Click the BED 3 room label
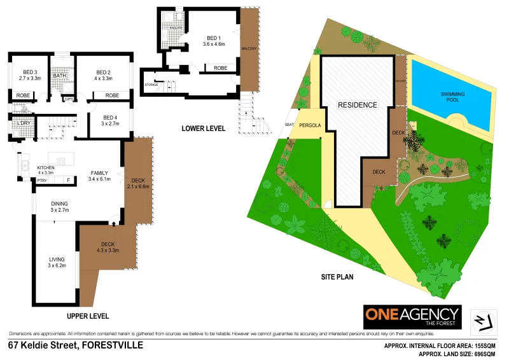(30, 72)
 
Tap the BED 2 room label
(104, 72)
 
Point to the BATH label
(60, 76)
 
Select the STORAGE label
(151, 85)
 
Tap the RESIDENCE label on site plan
(357, 105)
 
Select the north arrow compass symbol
(484, 319)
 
